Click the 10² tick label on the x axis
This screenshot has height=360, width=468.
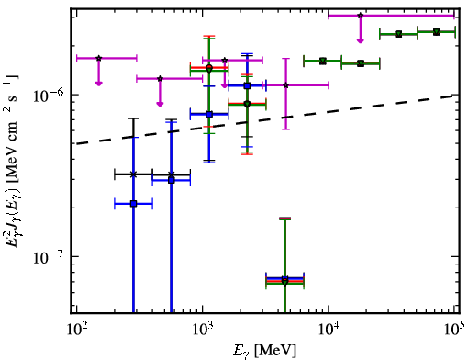(x=76, y=329)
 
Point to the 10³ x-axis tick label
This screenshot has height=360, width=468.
(x=203, y=329)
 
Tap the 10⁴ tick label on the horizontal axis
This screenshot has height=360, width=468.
(x=329, y=329)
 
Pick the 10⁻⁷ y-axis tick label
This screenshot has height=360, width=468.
(x=48, y=257)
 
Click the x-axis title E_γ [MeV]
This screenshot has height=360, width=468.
(x=265, y=351)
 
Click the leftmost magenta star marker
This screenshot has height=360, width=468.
(x=98, y=58)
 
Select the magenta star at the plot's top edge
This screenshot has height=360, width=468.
(x=361, y=16)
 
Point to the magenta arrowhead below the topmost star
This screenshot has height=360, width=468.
(x=361, y=40)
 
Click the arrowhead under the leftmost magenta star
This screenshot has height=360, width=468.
(x=98, y=84)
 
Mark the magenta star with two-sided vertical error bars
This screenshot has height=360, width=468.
(x=285, y=85)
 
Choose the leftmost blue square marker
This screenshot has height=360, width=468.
(x=133, y=204)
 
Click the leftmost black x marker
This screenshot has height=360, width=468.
(x=133, y=174)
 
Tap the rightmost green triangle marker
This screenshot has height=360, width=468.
(x=437, y=32)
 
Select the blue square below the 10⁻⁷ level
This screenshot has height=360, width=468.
(x=284, y=278)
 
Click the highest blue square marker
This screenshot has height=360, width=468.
(x=248, y=86)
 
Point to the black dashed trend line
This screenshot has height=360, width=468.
(x=265, y=119)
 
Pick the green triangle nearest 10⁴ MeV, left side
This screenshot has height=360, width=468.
(x=323, y=61)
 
